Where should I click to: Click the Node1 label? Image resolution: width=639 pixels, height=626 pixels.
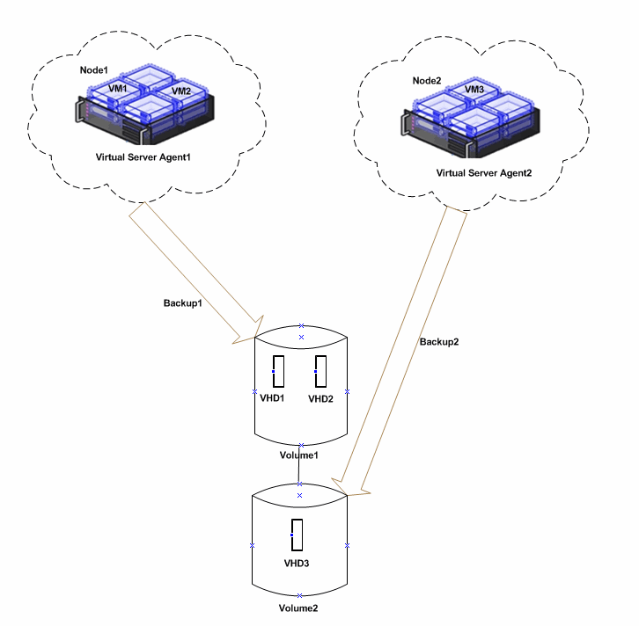click(92, 69)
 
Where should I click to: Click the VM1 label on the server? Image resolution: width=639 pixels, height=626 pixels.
click(118, 89)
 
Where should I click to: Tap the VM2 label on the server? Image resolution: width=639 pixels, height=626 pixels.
click(181, 91)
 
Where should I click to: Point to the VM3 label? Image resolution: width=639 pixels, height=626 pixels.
click(474, 90)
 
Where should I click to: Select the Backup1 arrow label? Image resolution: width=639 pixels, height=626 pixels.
click(182, 302)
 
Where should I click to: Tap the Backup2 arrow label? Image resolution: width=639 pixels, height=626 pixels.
click(438, 341)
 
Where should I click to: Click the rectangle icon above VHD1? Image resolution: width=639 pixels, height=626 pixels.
click(279, 372)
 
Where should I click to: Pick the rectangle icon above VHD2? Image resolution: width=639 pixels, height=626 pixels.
click(321, 371)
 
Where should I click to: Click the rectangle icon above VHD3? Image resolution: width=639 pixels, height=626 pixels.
click(297, 535)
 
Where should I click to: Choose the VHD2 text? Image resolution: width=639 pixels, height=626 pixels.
click(322, 398)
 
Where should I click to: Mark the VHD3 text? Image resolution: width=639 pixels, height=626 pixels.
click(297, 563)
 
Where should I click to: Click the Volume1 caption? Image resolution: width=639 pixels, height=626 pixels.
click(300, 455)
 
